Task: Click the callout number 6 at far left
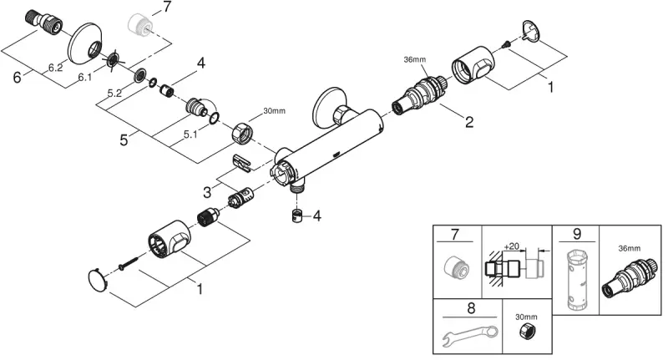pyautogui.click(x=17, y=78)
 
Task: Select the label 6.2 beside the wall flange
pyautogui.click(x=55, y=68)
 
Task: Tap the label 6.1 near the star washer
pyautogui.click(x=85, y=77)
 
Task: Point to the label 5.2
pyautogui.click(x=114, y=94)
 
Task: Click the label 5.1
pyautogui.click(x=190, y=134)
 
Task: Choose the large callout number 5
pyautogui.click(x=124, y=139)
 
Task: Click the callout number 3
pyautogui.click(x=207, y=192)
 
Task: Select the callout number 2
pyautogui.click(x=469, y=122)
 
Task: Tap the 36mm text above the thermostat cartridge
pyautogui.click(x=414, y=59)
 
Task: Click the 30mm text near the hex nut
pyautogui.click(x=274, y=111)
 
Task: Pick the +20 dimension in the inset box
pyautogui.click(x=511, y=246)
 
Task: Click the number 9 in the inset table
pyautogui.click(x=577, y=234)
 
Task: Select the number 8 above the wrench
pyautogui.click(x=471, y=308)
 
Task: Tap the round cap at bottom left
pyautogui.click(x=98, y=281)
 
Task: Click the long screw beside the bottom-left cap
pyautogui.click(x=129, y=262)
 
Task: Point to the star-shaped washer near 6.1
pyautogui.click(x=114, y=59)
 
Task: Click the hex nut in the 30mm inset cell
pyautogui.click(x=527, y=331)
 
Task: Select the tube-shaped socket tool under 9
pyautogui.click(x=576, y=280)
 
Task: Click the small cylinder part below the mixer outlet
pyautogui.click(x=297, y=215)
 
